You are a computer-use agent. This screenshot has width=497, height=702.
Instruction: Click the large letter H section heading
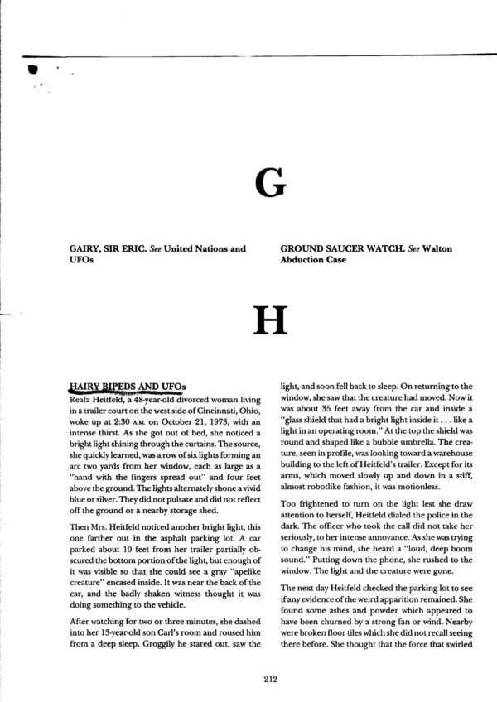(273, 315)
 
